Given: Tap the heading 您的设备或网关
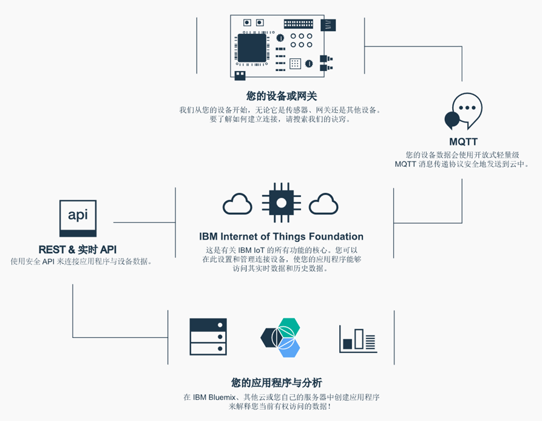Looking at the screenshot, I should pos(282,96).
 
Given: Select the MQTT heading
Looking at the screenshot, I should pos(463,143).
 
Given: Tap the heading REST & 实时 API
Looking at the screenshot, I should pos(78,249).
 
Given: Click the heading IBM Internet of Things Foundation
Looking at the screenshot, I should pos(281,237).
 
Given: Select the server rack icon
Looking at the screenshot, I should pos(208,337).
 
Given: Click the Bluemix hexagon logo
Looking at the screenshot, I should pos(280,337).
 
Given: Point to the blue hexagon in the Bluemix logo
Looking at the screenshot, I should pos(290,348).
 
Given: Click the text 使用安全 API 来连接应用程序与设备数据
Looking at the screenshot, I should pos(81,261).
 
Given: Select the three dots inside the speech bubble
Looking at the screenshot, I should pos(467,107).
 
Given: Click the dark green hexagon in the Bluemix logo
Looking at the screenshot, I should pos(270,337).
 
